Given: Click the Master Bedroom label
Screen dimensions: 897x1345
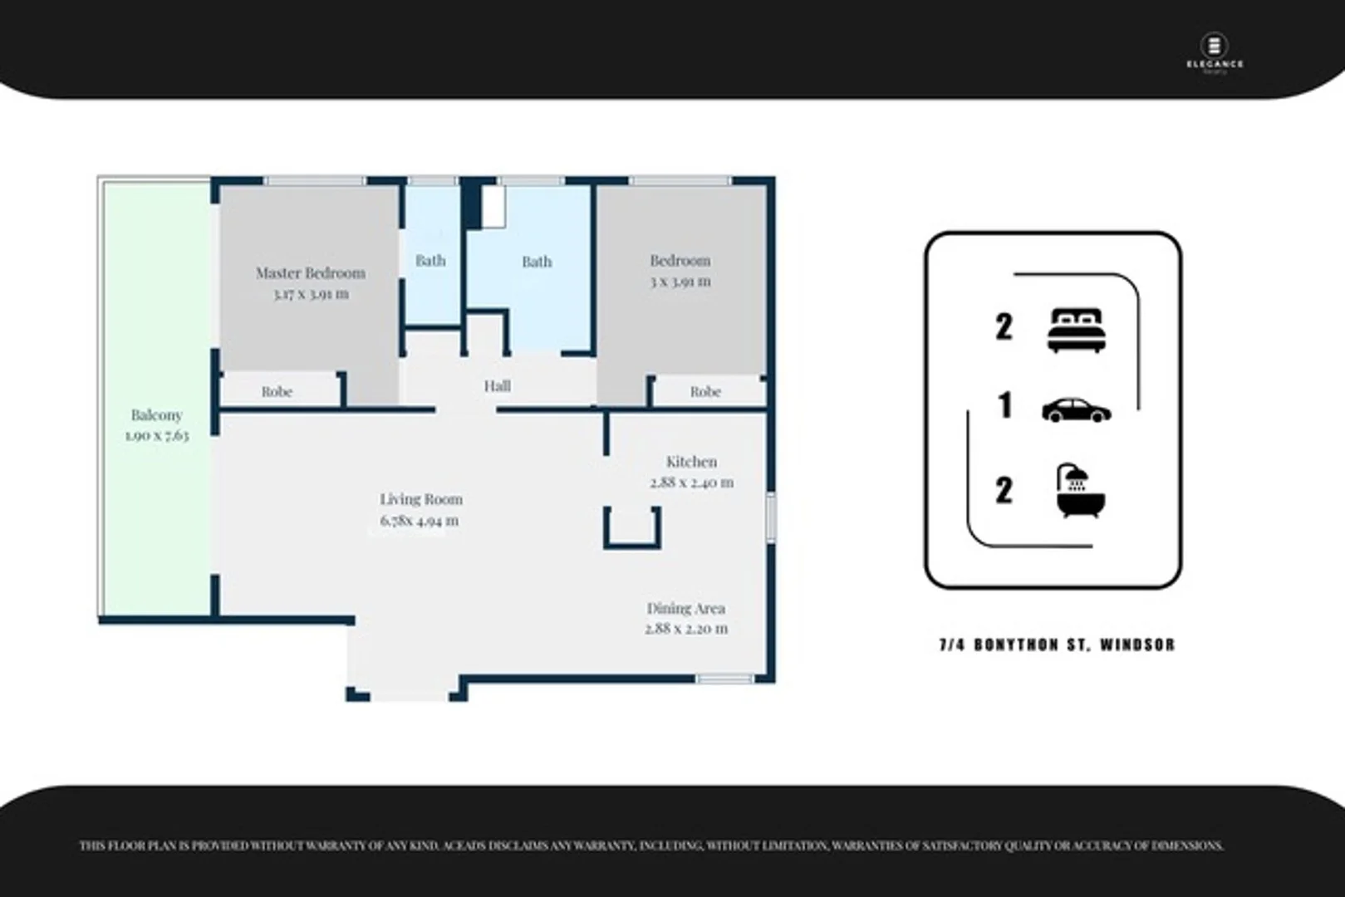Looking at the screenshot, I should pos(310,272).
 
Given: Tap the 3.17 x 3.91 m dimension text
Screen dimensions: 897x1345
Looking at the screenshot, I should pos(311,294).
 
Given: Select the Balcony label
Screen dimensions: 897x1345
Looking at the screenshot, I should pos(156,414).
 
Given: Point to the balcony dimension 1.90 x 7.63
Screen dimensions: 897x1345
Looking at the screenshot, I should pos(157,435).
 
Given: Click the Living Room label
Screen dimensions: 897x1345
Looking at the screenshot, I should pos(421,499).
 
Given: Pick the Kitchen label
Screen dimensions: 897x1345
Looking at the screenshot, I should pos(691,461).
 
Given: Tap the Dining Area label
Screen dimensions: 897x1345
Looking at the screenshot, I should pos(685,608).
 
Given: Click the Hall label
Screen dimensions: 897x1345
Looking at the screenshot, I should pos(497,385).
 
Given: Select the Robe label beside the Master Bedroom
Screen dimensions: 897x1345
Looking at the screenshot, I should pos(277,391).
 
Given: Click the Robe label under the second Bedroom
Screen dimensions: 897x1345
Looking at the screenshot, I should pos(705,391).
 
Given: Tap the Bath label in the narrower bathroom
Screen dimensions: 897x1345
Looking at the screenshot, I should pos(430,260).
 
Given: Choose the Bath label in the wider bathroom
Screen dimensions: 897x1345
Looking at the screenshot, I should pos(537,261).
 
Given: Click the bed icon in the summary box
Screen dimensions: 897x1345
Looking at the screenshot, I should pos(1077,330).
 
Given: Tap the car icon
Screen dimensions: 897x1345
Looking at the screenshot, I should pos(1076,409).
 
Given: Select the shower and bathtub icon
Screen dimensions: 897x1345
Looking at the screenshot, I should pos(1080,491).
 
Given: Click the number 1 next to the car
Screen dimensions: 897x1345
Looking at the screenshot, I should pos(1005,405).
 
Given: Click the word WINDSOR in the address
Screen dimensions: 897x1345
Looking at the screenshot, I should pos(1137,645).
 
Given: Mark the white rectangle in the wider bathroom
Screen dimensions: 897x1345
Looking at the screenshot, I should pos(493,206).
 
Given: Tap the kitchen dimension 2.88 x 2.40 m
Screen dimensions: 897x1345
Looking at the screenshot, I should pos(691,482).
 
